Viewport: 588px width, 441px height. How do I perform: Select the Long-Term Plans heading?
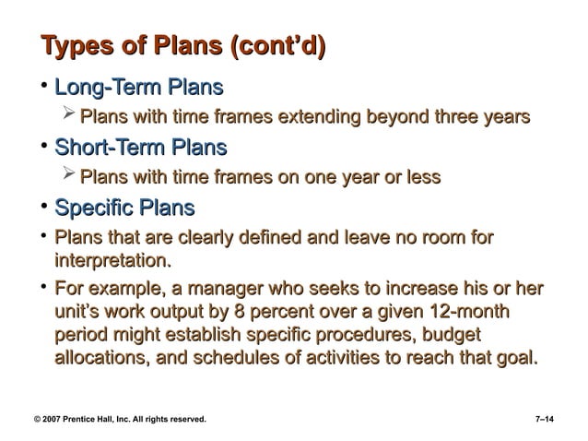(x=139, y=89)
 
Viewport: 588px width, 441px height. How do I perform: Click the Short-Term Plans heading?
(x=141, y=148)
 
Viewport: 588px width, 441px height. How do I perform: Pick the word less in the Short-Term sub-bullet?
(x=418, y=176)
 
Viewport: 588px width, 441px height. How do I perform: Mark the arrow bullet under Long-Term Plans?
(x=66, y=116)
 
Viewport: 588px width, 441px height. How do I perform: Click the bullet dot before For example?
(x=41, y=287)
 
